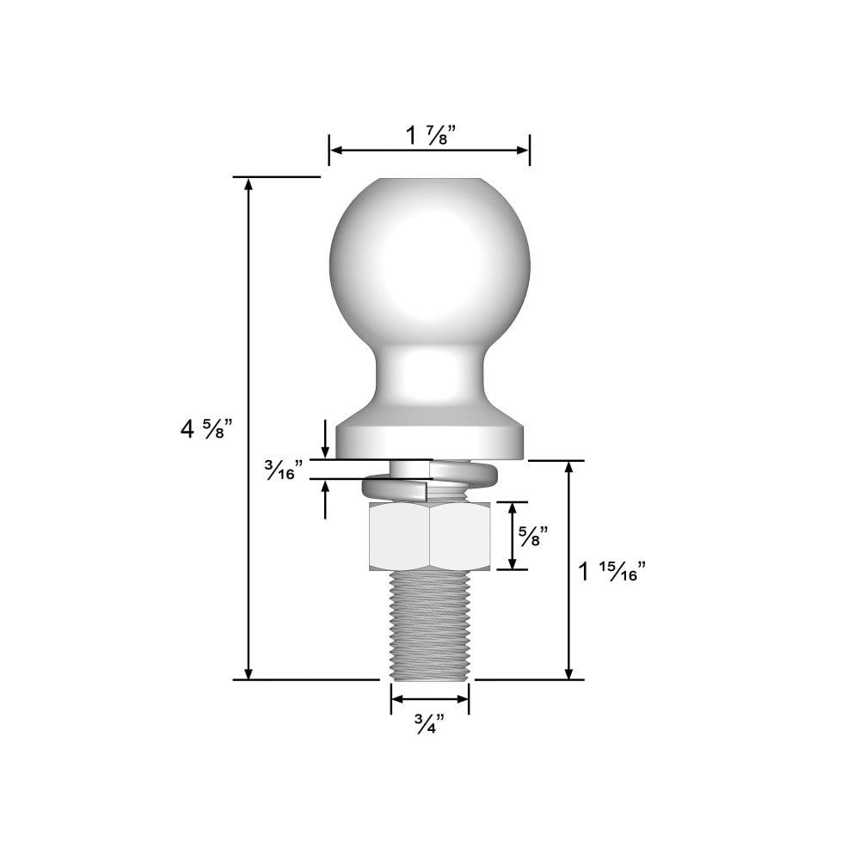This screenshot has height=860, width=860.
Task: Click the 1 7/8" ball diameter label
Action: point(430,135)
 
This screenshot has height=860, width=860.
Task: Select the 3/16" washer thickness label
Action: point(283,470)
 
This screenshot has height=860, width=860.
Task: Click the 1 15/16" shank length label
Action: point(611,572)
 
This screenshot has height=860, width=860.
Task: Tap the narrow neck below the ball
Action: point(429,374)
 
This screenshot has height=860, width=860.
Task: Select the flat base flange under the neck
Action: point(429,439)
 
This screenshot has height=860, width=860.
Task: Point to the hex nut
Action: point(429,537)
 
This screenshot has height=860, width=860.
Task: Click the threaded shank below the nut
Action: point(429,623)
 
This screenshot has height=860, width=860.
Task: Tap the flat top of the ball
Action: point(429,181)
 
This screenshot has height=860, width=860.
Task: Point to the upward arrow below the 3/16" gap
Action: point(325,487)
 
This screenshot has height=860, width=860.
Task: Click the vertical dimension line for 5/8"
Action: point(513,536)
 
